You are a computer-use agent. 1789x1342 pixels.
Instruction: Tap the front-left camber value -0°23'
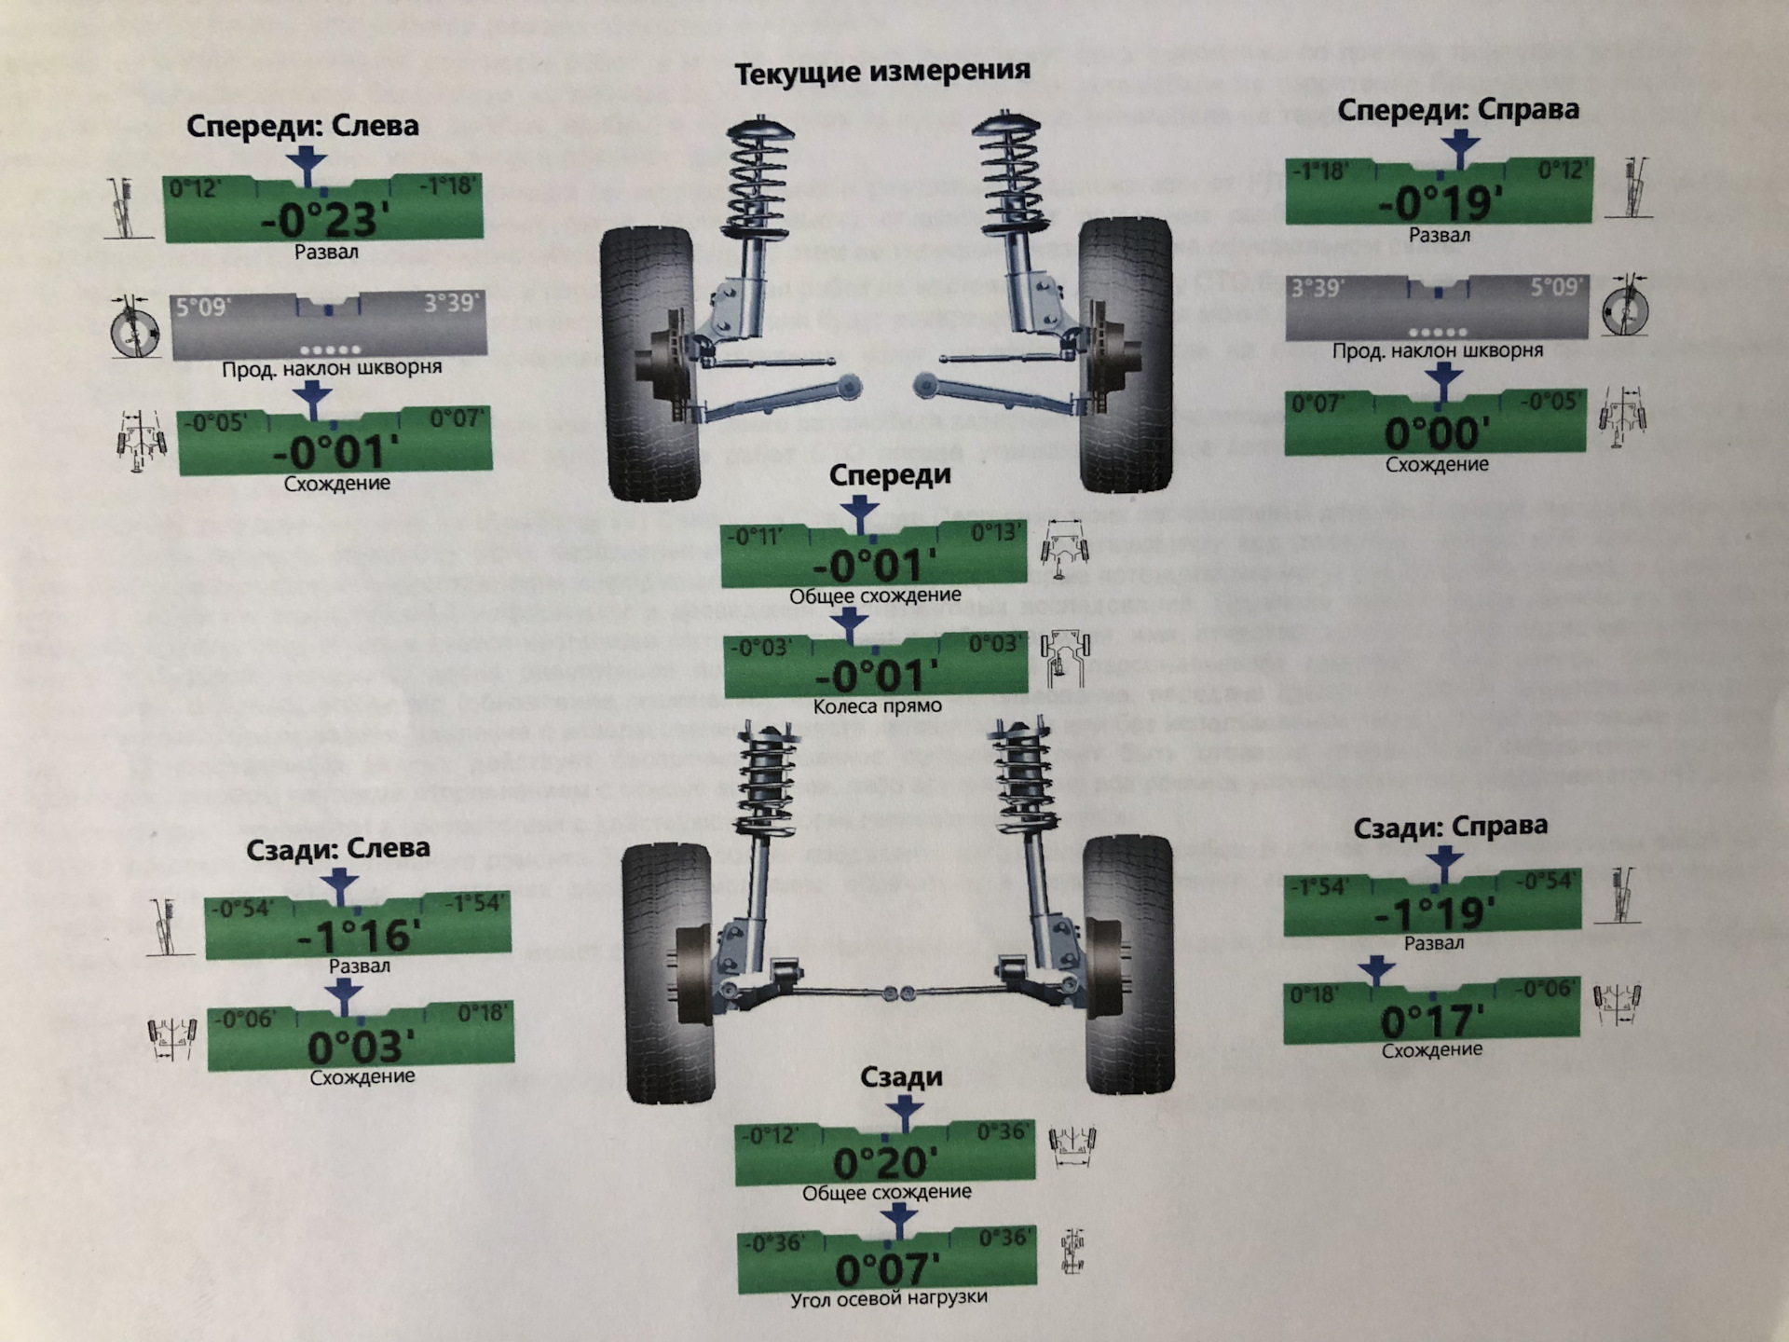320,221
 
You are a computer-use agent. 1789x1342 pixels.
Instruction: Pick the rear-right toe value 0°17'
1431,1021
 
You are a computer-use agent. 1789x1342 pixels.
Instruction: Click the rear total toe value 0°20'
884,1163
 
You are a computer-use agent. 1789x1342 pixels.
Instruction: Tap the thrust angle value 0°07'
887,1269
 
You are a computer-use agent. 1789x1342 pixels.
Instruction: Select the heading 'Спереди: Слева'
302,126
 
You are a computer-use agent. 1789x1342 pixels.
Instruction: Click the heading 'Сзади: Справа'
1450,827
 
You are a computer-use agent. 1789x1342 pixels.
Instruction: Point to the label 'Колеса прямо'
877,706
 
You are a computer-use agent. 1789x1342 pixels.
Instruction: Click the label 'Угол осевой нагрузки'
888,1298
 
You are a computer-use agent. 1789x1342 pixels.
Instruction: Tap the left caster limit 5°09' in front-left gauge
204,307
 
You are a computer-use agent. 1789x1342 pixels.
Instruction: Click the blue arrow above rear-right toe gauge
1376,970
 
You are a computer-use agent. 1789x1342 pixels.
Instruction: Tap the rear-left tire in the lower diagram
667,969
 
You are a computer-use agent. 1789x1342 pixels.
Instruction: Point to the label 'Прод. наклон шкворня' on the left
332,368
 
